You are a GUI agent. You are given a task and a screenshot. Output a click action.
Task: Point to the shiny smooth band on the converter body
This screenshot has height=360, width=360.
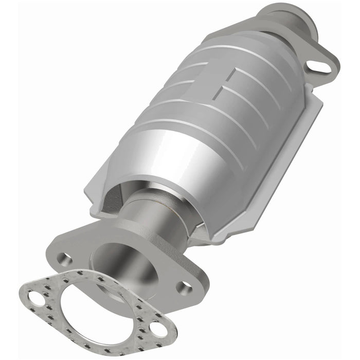click(154, 154)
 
